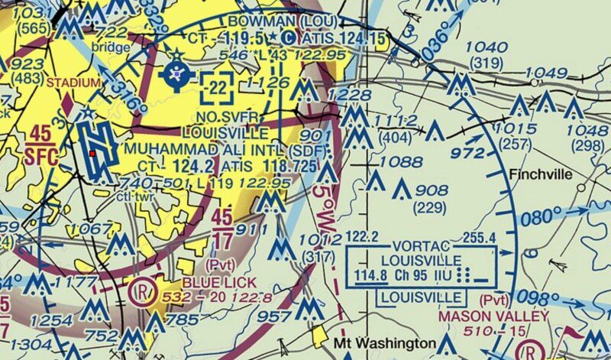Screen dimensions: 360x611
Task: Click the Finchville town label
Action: tap(539, 175)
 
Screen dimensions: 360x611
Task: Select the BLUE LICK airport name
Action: tap(211, 281)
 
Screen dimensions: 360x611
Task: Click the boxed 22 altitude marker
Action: tap(218, 89)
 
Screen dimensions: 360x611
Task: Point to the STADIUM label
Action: tap(73, 82)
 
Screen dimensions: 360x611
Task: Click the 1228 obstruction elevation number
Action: tap(344, 94)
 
